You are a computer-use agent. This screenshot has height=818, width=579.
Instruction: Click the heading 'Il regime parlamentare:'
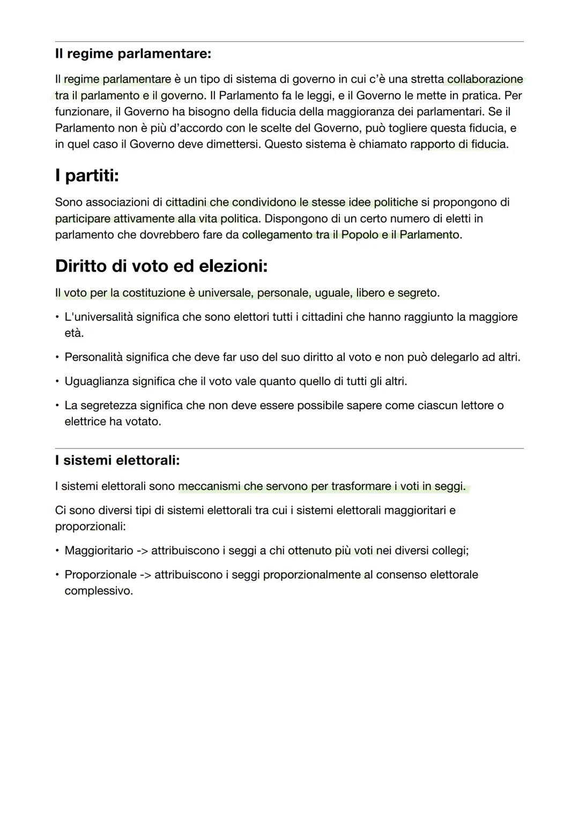coord(133,54)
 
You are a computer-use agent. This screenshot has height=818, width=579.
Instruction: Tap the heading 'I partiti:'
coord(87,176)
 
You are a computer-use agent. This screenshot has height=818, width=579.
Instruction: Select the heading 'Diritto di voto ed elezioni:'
coord(161,266)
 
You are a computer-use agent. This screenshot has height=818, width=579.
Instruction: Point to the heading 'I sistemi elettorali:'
coord(117,460)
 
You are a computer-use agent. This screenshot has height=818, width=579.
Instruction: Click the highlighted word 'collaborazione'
coord(485,79)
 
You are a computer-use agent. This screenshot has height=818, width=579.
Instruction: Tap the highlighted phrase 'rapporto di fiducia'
coord(458,144)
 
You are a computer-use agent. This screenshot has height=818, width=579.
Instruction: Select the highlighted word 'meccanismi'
coord(209,486)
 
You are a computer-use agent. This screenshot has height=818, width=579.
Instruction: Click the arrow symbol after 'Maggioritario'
coord(142,551)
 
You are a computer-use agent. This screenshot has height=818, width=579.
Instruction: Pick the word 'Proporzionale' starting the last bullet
coord(100,575)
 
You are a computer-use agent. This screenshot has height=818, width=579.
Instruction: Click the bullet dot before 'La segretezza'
coord(57,406)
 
